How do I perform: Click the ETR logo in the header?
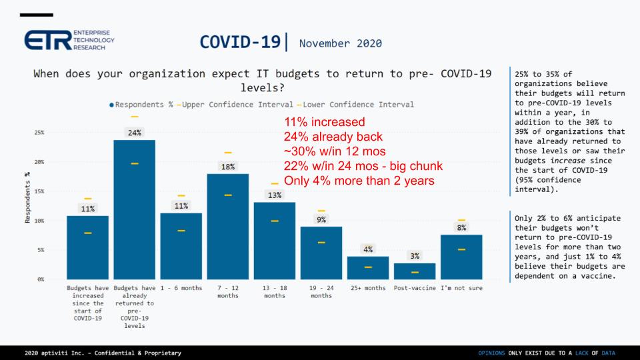point(69,42)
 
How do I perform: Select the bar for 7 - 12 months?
point(227,226)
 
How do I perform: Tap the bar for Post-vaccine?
point(414,271)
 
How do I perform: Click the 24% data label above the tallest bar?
point(134,132)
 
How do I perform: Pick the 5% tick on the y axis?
point(41,250)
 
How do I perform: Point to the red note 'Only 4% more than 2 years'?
point(351,181)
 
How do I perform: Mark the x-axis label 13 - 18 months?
point(274,292)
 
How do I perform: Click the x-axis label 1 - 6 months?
point(181,288)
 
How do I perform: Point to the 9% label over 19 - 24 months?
point(321,219)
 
